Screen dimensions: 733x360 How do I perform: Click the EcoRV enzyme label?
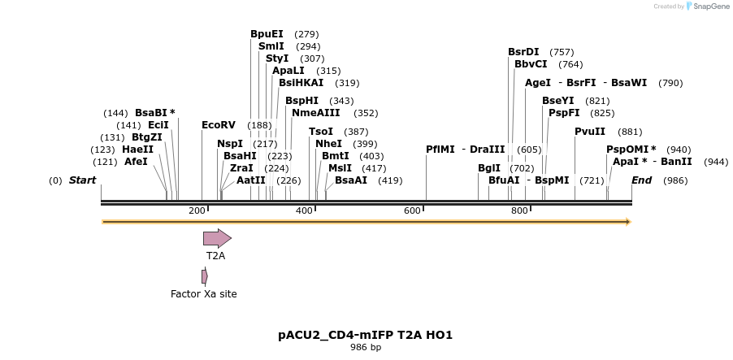[219, 125]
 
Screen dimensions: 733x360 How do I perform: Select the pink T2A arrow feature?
[217, 238]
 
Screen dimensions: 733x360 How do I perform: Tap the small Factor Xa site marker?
[205, 277]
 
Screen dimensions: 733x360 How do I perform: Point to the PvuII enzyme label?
[590, 132]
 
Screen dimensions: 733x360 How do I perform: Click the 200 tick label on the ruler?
[197, 210]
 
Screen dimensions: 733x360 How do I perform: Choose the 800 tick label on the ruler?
[519, 210]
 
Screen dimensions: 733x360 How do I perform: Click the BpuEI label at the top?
[267, 34]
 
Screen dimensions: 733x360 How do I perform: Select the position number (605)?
[529, 150]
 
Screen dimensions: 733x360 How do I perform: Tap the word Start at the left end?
[82, 180]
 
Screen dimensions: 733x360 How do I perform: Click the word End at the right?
[641, 180]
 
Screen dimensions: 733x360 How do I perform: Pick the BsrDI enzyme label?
[523, 52]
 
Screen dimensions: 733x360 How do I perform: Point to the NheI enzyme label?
[328, 144]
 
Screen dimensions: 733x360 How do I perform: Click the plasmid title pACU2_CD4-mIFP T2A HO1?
[366, 335]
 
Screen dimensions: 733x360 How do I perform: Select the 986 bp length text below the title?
[366, 347]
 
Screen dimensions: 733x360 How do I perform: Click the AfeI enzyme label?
[136, 162]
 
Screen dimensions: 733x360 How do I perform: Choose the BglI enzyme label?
[489, 168]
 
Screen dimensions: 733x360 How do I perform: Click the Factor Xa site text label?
[204, 294]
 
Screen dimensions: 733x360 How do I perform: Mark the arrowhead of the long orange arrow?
[629, 222]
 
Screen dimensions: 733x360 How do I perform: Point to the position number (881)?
[630, 132]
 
